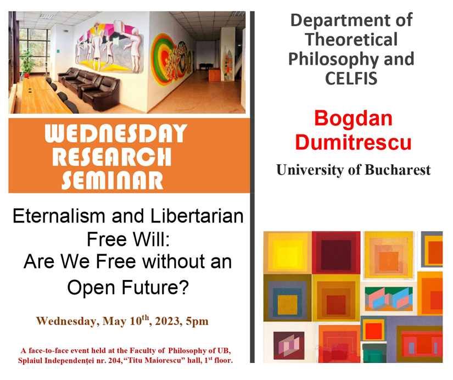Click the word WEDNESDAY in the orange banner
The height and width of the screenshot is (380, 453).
coord(116,133)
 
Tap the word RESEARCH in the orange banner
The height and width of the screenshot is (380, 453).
coord(112,157)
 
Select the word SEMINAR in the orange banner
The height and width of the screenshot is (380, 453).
coord(112,180)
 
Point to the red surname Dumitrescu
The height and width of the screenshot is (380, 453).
coord(353,142)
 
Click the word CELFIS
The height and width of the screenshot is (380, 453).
coord(351,79)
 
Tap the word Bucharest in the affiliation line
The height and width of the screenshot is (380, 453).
coord(398,170)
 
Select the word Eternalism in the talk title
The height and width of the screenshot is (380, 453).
coord(59,216)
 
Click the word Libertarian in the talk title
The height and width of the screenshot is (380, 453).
coord(197,216)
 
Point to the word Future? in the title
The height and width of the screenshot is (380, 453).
coord(155,287)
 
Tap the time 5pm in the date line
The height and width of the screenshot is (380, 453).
coord(197,322)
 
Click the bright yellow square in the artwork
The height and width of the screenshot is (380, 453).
coord(287,252)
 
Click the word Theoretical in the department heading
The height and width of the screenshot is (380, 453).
coord(351,40)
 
